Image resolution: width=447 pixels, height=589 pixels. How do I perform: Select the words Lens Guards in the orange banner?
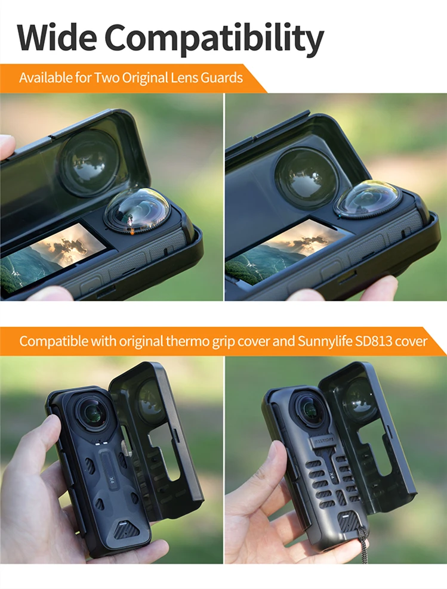coord(211,78)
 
